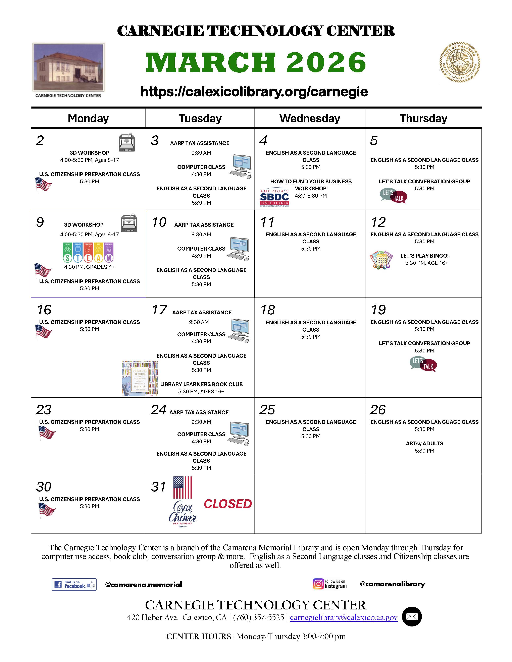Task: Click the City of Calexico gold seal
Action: [460, 62]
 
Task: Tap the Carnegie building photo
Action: [68, 67]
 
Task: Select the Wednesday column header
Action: [309, 118]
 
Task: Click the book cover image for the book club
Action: [140, 379]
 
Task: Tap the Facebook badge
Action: [74, 584]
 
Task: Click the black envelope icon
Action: [412, 616]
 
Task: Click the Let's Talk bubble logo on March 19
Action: [423, 364]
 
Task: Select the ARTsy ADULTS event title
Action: [424, 444]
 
